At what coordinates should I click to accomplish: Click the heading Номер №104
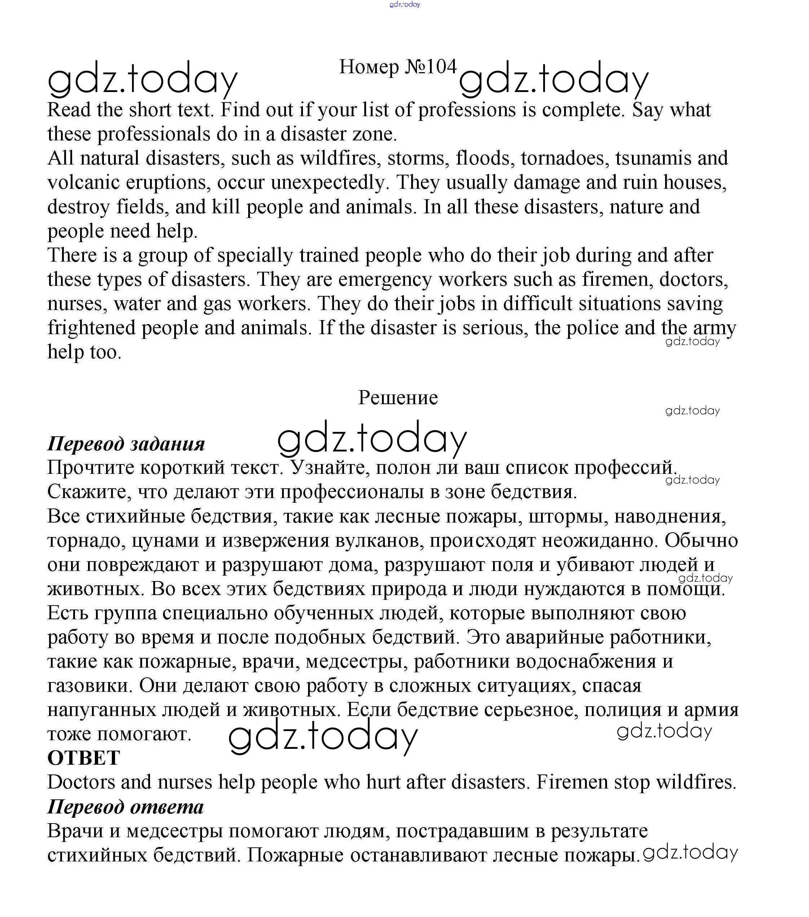point(397,67)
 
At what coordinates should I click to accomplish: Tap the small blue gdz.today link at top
point(405,4)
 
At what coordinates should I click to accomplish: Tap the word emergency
point(385,279)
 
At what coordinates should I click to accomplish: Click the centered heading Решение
point(398,397)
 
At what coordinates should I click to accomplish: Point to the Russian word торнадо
point(87,541)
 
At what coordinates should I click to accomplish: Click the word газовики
point(90,686)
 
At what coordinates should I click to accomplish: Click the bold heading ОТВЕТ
point(83,758)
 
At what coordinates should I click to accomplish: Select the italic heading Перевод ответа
point(126,807)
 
